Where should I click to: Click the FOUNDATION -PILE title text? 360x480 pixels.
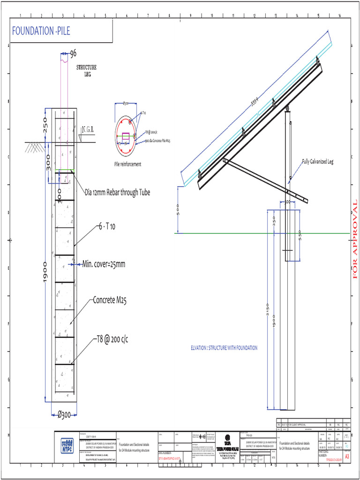[42, 31]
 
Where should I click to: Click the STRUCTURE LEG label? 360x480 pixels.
[86, 71]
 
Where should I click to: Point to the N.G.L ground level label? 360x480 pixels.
[89, 129]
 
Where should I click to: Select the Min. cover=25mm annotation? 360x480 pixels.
[104, 264]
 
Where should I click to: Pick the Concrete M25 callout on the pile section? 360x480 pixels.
[110, 300]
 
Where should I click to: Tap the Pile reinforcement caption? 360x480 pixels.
[127, 165]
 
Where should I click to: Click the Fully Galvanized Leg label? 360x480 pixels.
[323, 162]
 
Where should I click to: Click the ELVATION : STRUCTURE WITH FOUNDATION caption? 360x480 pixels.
[224, 348]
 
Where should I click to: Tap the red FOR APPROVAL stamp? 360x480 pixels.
[355, 239]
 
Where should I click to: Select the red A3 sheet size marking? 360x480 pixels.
[347, 456]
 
